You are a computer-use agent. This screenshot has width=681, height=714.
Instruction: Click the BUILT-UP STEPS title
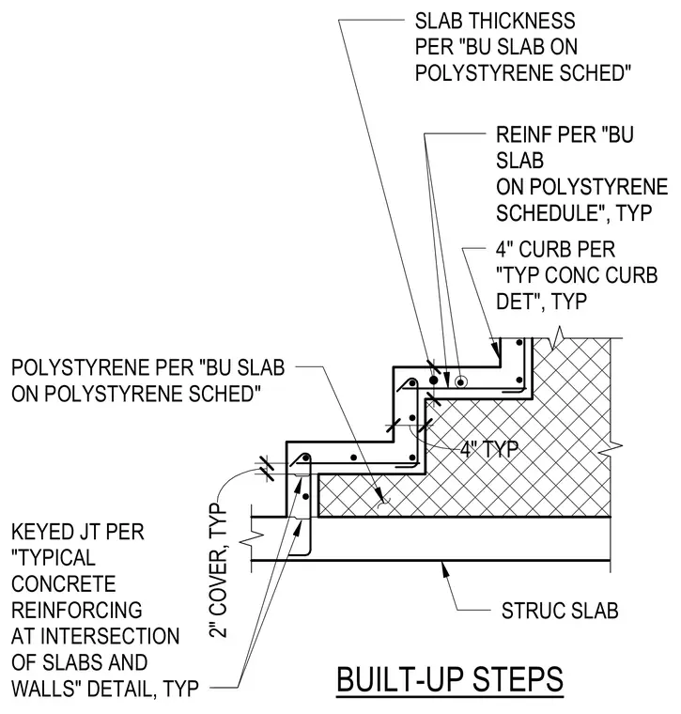tap(450, 679)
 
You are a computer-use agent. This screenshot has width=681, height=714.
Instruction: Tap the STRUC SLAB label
tap(560, 611)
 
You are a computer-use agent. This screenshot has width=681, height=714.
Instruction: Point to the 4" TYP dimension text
tap(488, 449)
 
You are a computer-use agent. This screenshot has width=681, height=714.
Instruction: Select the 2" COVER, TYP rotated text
tap(219, 571)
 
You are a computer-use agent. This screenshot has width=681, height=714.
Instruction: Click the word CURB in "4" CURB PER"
tap(544, 249)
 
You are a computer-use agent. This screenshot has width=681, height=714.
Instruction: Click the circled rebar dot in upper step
tap(460, 382)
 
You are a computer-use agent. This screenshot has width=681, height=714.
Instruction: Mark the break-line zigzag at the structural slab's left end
tap(253, 537)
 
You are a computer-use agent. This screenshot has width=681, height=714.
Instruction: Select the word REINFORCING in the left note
tap(77, 610)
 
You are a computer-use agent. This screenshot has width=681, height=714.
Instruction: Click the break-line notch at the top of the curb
tap(558, 338)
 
